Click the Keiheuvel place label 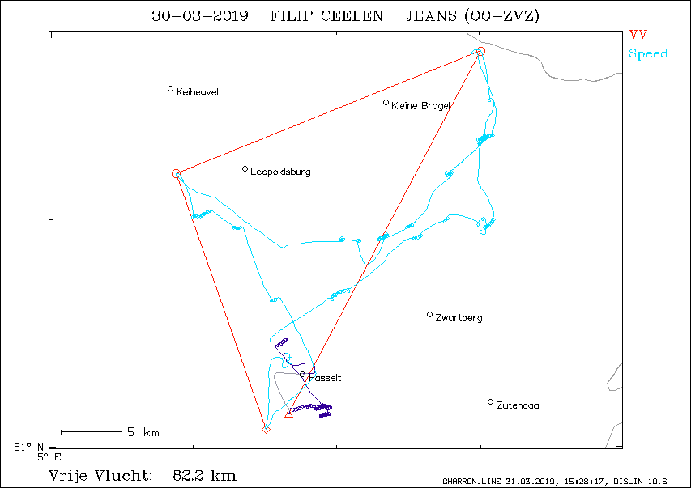click(x=198, y=92)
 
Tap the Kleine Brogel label click(x=420, y=106)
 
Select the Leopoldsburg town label click(x=280, y=172)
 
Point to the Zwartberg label click(x=459, y=317)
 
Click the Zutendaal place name click(x=518, y=405)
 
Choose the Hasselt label click(x=325, y=378)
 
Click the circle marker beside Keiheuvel click(x=171, y=89)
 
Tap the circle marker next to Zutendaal click(x=490, y=401)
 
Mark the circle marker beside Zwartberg click(x=429, y=315)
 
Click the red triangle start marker click(x=288, y=414)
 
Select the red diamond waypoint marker click(x=266, y=429)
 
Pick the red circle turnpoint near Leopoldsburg click(x=176, y=173)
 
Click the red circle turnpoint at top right click(x=481, y=52)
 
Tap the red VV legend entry click(x=638, y=34)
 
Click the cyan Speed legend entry click(x=648, y=53)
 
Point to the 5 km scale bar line click(x=92, y=432)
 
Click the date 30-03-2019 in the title click(x=200, y=16)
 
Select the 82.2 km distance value click(x=204, y=476)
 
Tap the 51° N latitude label click(x=28, y=448)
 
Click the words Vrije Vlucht click(x=100, y=476)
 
